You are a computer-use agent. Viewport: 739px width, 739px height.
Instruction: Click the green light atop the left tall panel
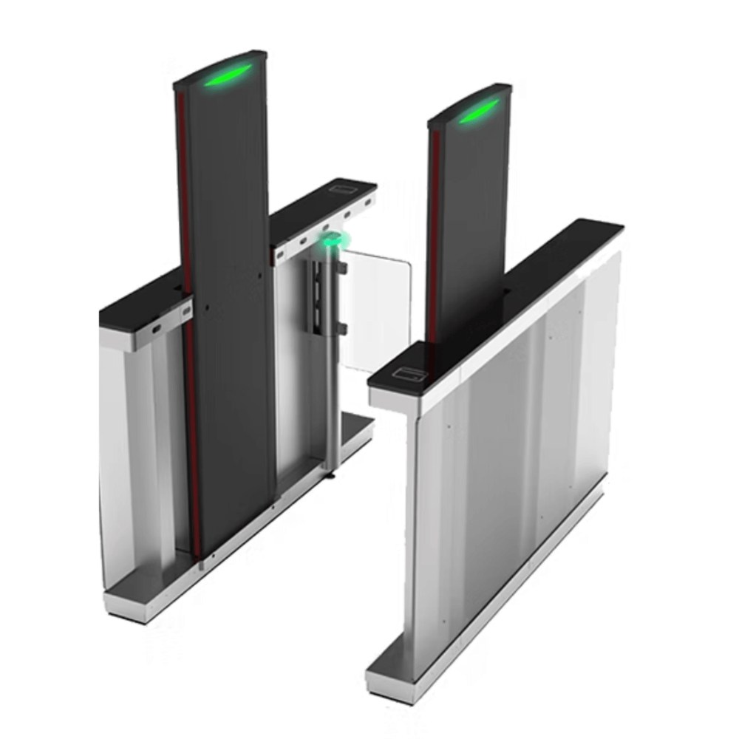(x=228, y=75)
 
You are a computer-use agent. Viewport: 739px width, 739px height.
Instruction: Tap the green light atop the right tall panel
(x=478, y=112)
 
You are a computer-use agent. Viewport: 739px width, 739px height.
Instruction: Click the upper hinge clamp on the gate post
(x=342, y=267)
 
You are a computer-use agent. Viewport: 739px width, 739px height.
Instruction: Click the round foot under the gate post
(x=330, y=474)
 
